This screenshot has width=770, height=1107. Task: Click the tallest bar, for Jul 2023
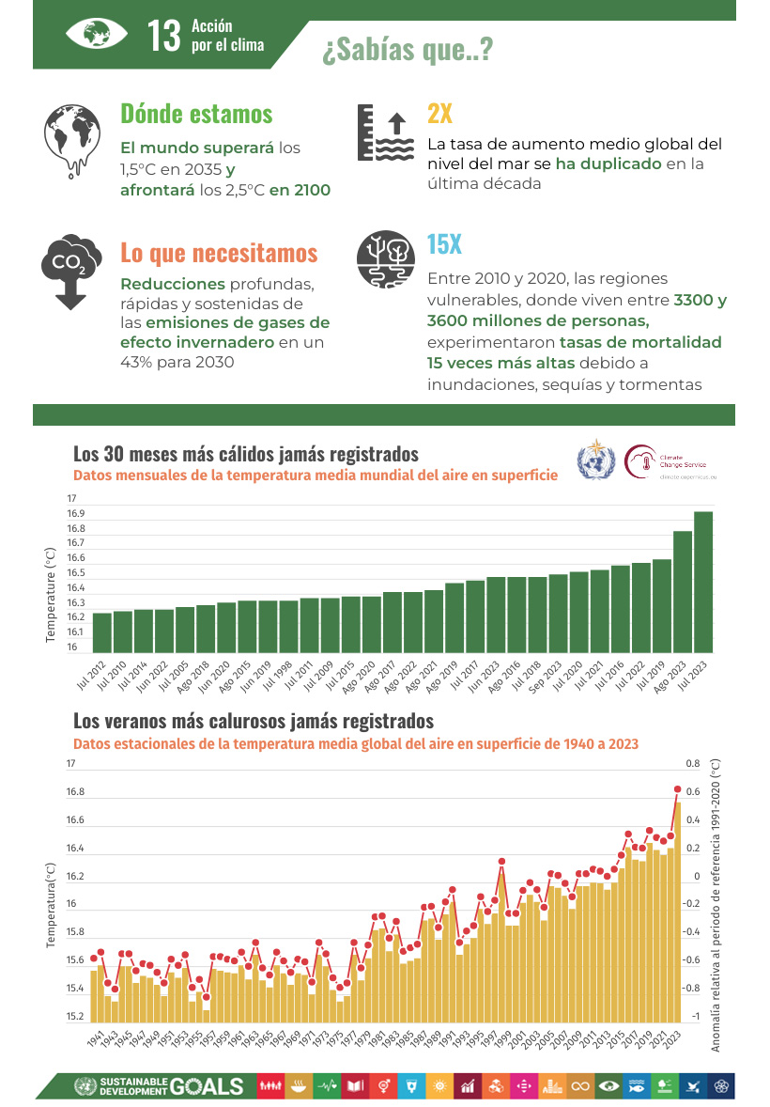tap(703, 583)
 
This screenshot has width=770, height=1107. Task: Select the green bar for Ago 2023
tap(683, 592)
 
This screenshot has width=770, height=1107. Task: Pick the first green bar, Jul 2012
tap(102, 632)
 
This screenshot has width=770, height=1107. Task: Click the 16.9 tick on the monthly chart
tap(76, 513)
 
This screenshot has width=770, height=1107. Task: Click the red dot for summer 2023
tap(677, 788)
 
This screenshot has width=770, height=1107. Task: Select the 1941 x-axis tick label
tap(96, 1038)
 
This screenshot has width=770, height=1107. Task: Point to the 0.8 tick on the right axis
tap(692, 763)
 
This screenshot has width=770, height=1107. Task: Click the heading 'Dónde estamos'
tap(196, 114)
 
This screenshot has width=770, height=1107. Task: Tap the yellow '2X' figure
tap(439, 114)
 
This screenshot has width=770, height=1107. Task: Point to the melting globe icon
tap(71, 140)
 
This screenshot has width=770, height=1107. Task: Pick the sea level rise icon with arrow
tap(385, 133)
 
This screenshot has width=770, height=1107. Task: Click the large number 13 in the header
tap(163, 36)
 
